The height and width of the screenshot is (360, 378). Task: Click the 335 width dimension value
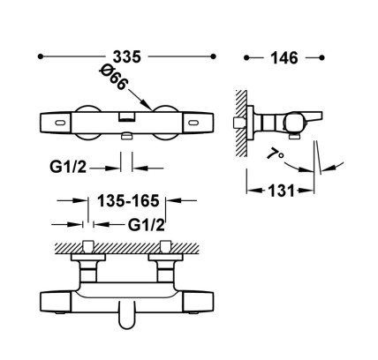point(127,56)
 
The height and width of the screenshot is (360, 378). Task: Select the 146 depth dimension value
point(284,58)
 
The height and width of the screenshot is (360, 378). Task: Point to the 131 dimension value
point(281,191)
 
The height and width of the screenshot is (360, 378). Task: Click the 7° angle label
point(276,154)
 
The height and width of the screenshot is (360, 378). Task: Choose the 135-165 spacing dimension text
point(128,201)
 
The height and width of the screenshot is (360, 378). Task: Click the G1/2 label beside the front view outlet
point(68,167)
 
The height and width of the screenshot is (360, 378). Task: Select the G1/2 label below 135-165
point(147,225)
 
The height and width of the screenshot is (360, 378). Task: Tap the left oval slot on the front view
point(61,123)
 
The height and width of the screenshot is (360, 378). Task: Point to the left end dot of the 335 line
point(41,56)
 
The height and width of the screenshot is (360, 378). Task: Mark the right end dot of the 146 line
point(321,57)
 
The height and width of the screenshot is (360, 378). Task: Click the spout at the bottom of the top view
point(126,315)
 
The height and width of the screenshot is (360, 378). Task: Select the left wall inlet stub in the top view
point(88,246)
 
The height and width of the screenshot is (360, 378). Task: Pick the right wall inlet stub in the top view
point(165,246)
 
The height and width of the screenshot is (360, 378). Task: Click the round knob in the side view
point(292,123)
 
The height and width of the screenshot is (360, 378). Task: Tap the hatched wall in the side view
point(241,123)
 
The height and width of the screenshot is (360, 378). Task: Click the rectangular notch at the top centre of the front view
point(127,116)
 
